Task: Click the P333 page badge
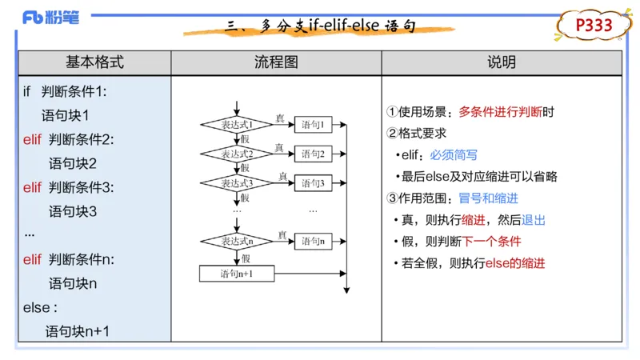pyautogui.click(x=594, y=26)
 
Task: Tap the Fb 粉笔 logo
pyautogui.click(x=55, y=17)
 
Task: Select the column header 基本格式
pyautogui.click(x=94, y=62)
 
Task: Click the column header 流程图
pyautogui.click(x=276, y=62)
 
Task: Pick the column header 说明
pyautogui.click(x=502, y=62)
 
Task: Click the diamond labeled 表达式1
pyautogui.click(x=237, y=125)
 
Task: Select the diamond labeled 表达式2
pyautogui.click(x=237, y=154)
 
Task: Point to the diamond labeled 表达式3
pyautogui.click(x=237, y=183)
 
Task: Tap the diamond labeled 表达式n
pyautogui.click(x=237, y=241)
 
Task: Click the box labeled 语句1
pyautogui.click(x=313, y=125)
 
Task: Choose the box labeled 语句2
pyautogui.click(x=313, y=154)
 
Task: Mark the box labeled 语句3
pyautogui.click(x=313, y=183)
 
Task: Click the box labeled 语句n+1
pyautogui.click(x=237, y=274)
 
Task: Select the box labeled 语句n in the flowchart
pyautogui.click(x=313, y=241)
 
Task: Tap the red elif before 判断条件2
pyautogui.click(x=32, y=139)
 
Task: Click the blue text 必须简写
pyautogui.click(x=454, y=155)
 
